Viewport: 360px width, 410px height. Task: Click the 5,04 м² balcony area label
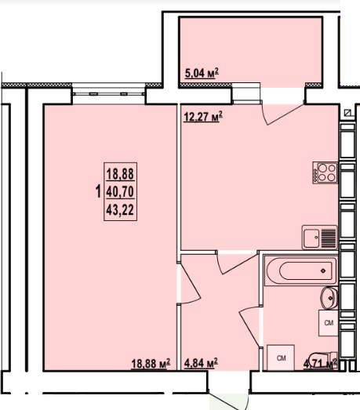[x=202, y=73]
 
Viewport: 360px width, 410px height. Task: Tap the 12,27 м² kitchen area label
[x=203, y=116]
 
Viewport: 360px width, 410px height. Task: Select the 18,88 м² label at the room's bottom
[x=151, y=364]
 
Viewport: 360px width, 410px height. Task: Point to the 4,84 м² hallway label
[x=201, y=363]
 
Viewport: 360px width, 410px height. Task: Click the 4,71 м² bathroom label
[x=320, y=364]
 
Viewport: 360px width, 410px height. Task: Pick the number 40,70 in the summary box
[x=120, y=191]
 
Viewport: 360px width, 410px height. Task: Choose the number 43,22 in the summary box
[x=120, y=210]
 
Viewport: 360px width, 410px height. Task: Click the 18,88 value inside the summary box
[x=120, y=173]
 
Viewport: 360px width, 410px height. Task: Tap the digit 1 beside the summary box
[x=98, y=191]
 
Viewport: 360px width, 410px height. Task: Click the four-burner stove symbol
[x=325, y=172]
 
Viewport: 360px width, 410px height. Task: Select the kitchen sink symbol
[x=319, y=238]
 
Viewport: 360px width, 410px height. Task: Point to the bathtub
[x=300, y=270]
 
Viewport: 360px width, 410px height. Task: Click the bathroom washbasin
[x=329, y=298]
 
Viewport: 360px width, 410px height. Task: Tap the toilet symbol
[x=323, y=361]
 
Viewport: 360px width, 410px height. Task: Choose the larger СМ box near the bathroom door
[x=281, y=357]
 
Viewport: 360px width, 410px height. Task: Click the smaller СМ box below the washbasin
[x=329, y=323]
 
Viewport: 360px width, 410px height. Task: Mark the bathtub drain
[x=324, y=270]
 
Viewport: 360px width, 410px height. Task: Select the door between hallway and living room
[x=191, y=284]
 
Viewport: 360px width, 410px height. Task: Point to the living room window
[x=108, y=93]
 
